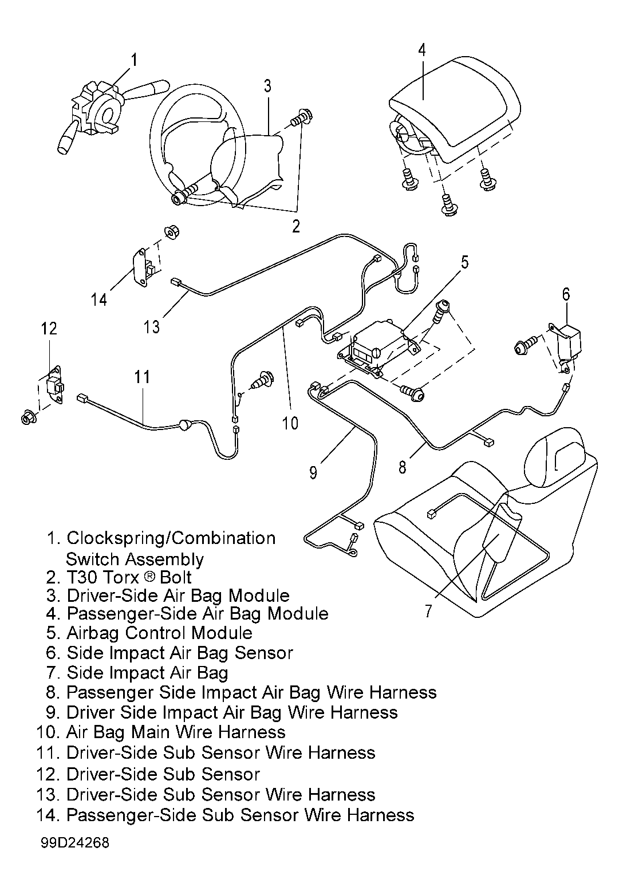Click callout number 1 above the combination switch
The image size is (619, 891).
coord(135,60)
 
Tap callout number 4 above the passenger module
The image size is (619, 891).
coord(422,50)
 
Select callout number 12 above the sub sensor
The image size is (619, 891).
coord(49,329)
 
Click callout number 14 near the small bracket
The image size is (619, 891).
coord(99,299)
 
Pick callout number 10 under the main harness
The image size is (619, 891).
coord(290,423)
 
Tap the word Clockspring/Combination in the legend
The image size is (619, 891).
coord(171,539)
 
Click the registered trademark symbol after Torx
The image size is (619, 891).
coord(150,577)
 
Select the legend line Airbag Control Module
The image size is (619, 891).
coord(149,633)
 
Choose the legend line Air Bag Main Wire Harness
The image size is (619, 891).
coord(161,732)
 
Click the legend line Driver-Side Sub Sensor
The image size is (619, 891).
coord(148,774)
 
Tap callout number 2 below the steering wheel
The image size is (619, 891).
coord(296,226)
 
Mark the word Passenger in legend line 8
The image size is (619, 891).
coord(108,693)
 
